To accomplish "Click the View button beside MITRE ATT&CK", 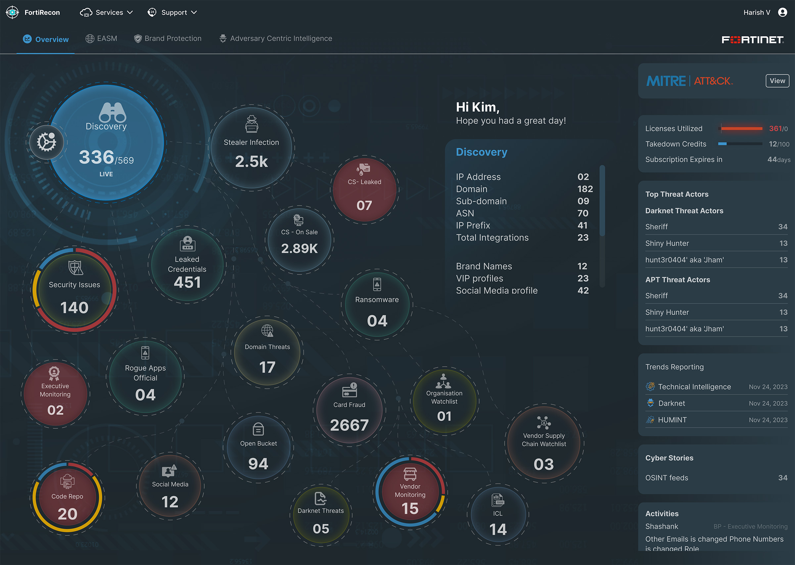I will coord(777,81).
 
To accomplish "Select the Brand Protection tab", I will coord(168,39).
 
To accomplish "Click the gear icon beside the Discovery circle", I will coord(47,142).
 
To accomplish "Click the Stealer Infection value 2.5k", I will coord(251,161).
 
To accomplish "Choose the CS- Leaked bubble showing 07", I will coord(364,190).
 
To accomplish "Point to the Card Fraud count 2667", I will coord(349,425).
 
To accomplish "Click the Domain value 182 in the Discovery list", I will coord(585,189).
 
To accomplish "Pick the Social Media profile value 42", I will coord(583,290).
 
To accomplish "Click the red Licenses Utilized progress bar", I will coord(741,129).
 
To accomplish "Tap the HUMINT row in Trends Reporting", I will coord(672,420).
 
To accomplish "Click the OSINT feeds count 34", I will coord(782,478).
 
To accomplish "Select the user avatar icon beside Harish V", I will coord(782,13).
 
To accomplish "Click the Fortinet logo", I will coord(752,40).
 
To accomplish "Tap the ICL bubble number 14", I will coord(498,529).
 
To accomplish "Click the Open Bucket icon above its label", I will coord(258,429).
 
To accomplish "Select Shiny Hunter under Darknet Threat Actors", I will coord(667,243).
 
